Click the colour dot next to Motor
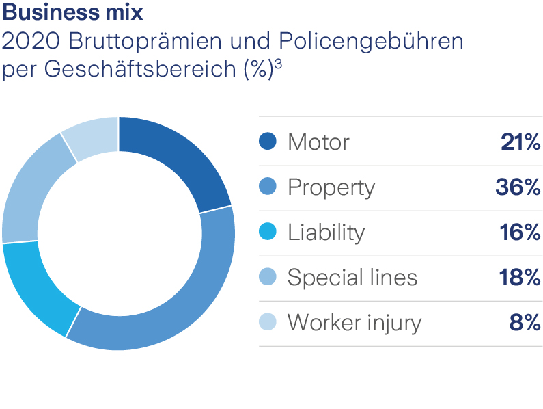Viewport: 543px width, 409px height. click(268, 142)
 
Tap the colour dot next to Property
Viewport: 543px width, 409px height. click(268, 187)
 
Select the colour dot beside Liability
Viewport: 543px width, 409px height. click(268, 232)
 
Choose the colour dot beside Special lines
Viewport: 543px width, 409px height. click(268, 277)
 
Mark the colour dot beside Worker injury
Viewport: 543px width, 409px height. click(268, 322)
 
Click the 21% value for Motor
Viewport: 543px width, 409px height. click(520, 142)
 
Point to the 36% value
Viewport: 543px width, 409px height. click(517, 187)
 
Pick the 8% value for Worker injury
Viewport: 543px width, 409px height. click(525, 323)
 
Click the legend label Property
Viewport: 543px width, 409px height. click(331, 188)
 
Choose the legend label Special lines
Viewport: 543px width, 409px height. click(352, 278)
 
